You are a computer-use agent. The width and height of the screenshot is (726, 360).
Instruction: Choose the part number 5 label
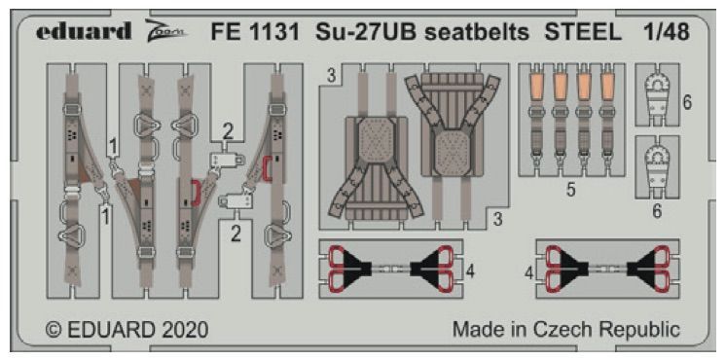(x=570, y=191)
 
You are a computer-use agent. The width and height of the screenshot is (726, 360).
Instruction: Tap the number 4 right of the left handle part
(x=470, y=271)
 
